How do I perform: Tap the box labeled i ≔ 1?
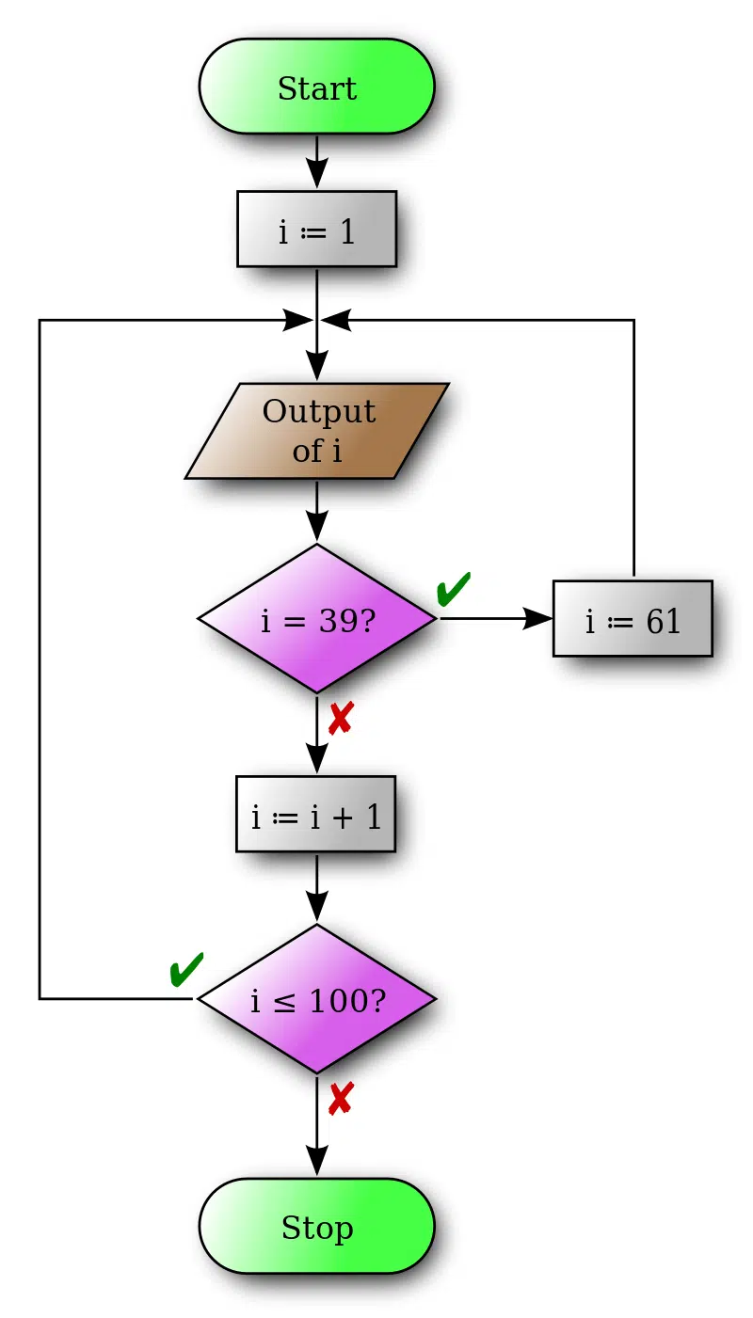pyautogui.click(x=316, y=230)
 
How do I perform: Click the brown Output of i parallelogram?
pyautogui.click(x=316, y=431)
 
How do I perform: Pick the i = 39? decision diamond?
pyautogui.click(x=316, y=619)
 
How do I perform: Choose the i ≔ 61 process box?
pyautogui.click(x=633, y=619)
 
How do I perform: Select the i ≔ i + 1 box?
pyautogui.click(x=316, y=815)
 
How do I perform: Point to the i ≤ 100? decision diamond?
pyautogui.click(x=316, y=999)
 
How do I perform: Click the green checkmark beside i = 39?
pyautogui.click(x=454, y=589)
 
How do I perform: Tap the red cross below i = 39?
pyautogui.click(x=340, y=720)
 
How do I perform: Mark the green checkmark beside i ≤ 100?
pyautogui.click(x=186, y=969)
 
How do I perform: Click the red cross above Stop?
pyautogui.click(x=340, y=1099)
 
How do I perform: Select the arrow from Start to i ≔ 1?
pyautogui.click(x=316, y=162)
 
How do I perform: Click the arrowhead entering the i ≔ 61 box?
pyautogui.click(x=537, y=618)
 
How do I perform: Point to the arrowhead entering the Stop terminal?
pyautogui.click(x=316, y=1162)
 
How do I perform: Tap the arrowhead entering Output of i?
pyautogui.click(x=316, y=366)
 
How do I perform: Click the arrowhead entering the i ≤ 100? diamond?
pyautogui.click(x=316, y=907)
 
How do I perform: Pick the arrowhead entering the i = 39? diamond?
pyautogui.click(x=316, y=527)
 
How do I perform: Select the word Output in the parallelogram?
pyautogui.click(x=319, y=412)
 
